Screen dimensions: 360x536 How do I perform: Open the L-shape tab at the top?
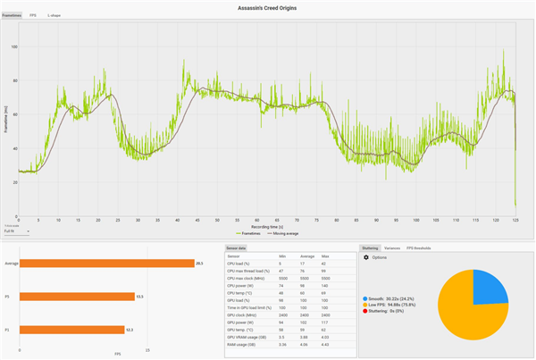pyautogui.click(x=54, y=16)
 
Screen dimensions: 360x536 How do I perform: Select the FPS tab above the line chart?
pyautogui.click(x=33, y=16)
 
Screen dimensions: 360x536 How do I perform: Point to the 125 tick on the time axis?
pyautogui.click(x=515, y=220)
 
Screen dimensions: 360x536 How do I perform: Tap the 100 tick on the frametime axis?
pyautogui.click(x=13, y=46)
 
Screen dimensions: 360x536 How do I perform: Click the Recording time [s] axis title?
pyautogui.click(x=268, y=226)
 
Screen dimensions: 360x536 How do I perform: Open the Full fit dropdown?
pyautogui.click(x=16, y=231)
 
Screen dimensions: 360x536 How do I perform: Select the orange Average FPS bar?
pyautogui.click(x=106, y=263)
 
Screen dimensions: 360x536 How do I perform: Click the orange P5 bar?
pyautogui.click(x=76, y=296)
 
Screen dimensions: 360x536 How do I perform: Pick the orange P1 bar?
pyautogui.click(x=71, y=330)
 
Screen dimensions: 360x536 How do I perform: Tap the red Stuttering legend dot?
pyautogui.click(x=365, y=312)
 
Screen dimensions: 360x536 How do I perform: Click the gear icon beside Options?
pyautogui.click(x=366, y=257)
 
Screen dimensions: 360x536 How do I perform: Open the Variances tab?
pyautogui.click(x=392, y=247)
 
